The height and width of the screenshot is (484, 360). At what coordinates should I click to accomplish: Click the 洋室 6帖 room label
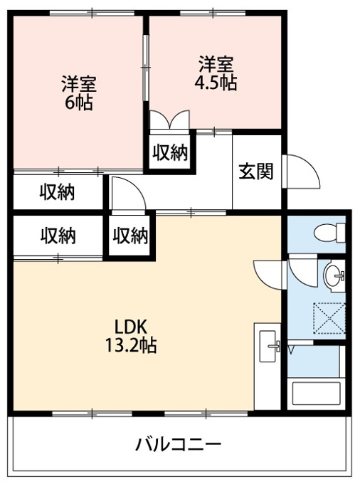click(79, 93)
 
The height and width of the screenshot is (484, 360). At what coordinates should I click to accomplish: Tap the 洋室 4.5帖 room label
click(216, 73)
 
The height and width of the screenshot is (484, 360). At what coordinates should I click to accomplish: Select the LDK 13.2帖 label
click(131, 336)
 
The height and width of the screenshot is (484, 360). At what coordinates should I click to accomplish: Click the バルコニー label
click(179, 445)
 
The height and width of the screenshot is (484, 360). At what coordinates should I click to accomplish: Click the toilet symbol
click(330, 233)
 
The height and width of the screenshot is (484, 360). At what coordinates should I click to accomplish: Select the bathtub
click(316, 394)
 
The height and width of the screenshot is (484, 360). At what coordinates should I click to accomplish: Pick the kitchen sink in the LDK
click(268, 346)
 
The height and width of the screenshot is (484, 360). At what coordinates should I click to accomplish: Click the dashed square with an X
click(329, 318)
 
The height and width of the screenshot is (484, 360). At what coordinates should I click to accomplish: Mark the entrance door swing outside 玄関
click(301, 172)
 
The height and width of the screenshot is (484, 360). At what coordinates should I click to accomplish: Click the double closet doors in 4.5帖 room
click(169, 120)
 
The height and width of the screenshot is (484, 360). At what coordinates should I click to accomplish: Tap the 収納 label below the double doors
click(171, 152)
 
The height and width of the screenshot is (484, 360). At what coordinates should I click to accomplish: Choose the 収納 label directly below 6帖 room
click(58, 192)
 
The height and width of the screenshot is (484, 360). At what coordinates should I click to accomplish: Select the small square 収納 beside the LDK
click(130, 236)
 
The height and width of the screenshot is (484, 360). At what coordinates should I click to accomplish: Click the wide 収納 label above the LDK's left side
click(58, 236)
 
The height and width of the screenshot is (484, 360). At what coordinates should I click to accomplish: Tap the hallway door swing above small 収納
click(129, 195)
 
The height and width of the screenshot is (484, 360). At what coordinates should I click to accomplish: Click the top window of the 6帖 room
click(92, 13)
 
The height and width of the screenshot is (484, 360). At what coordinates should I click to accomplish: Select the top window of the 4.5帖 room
click(213, 13)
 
